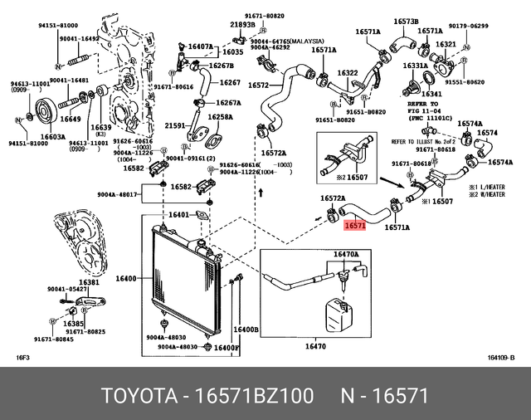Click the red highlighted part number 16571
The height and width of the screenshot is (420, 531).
355,224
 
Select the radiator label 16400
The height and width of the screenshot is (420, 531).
127,280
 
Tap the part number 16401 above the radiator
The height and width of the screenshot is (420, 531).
179,216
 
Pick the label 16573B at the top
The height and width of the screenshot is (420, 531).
406,21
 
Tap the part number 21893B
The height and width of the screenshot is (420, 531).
242,26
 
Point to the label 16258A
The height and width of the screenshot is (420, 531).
220,117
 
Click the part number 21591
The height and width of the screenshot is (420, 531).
175,125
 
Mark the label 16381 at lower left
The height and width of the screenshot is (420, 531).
90,282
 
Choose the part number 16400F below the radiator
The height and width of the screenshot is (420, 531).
226,348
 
